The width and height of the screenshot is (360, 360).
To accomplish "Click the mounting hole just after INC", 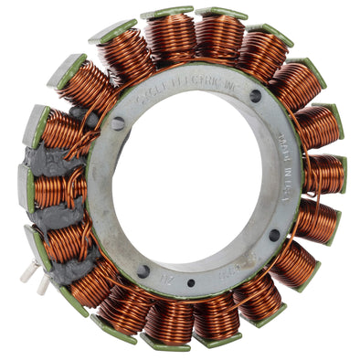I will pos(255,95).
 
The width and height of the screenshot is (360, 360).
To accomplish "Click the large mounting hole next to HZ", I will pos(143,270).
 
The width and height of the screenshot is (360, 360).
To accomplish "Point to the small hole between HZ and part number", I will pos(189,282).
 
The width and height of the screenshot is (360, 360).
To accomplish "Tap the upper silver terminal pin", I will pos(32,266).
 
